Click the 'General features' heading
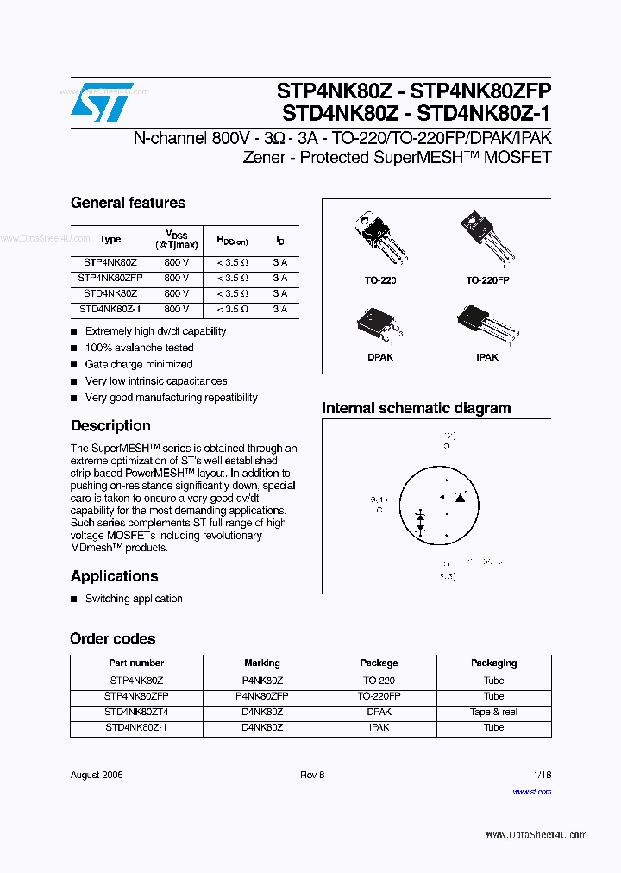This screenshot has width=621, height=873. point(128,203)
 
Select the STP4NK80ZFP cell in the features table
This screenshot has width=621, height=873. point(110,278)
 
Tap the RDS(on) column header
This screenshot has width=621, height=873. point(232,241)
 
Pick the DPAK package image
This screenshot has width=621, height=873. point(377,325)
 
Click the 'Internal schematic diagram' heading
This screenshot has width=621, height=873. point(416,408)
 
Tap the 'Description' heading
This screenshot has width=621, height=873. point(110,425)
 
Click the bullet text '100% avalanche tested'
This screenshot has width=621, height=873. point(139,348)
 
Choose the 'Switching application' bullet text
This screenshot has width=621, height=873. point(134,599)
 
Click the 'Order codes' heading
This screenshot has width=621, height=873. point(113,638)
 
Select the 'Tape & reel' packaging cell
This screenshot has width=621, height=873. point(493,712)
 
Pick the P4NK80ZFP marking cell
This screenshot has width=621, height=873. point(261,695)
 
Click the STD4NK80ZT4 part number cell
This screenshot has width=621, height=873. point(136,712)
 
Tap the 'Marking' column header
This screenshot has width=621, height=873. point(261,663)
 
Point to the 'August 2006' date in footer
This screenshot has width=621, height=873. point(97,775)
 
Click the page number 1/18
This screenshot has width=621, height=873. point(542,775)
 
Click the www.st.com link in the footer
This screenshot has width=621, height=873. point(531,791)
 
